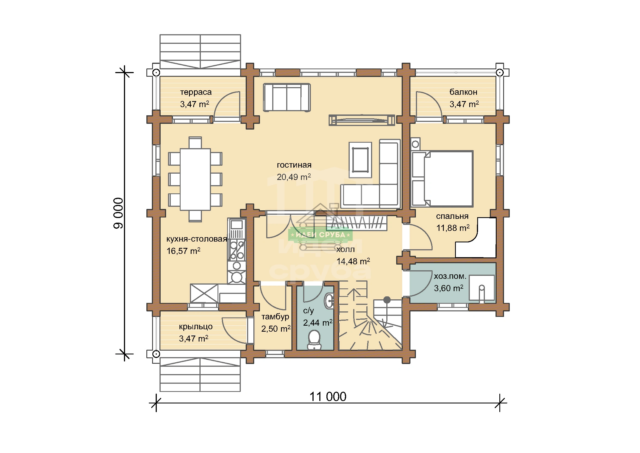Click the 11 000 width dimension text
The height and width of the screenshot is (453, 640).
tap(328, 397)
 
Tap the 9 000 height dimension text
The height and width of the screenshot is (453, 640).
tap(118, 213)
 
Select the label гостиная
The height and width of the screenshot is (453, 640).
tap(294, 165)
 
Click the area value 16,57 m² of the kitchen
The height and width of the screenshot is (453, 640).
tap(183, 251)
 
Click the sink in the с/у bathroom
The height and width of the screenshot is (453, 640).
tap(329, 301)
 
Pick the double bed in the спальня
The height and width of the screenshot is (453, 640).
tap(442, 179)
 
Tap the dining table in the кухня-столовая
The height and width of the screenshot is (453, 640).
tap(195, 179)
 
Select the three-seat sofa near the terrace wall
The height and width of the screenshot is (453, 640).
tap(287, 97)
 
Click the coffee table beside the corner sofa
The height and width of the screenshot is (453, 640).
tap(360, 160)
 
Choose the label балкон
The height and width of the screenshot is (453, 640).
tap(463, 92)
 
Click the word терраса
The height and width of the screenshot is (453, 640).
tap(196, 92)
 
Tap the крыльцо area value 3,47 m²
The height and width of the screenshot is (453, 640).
tap(193, 338)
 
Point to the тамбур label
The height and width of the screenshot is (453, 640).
tap(275, 317)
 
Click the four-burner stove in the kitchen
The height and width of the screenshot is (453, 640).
tap(237, 250)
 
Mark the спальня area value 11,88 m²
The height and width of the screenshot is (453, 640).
tap(453, 228)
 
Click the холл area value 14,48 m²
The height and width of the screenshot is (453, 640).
tap(353, 261)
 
